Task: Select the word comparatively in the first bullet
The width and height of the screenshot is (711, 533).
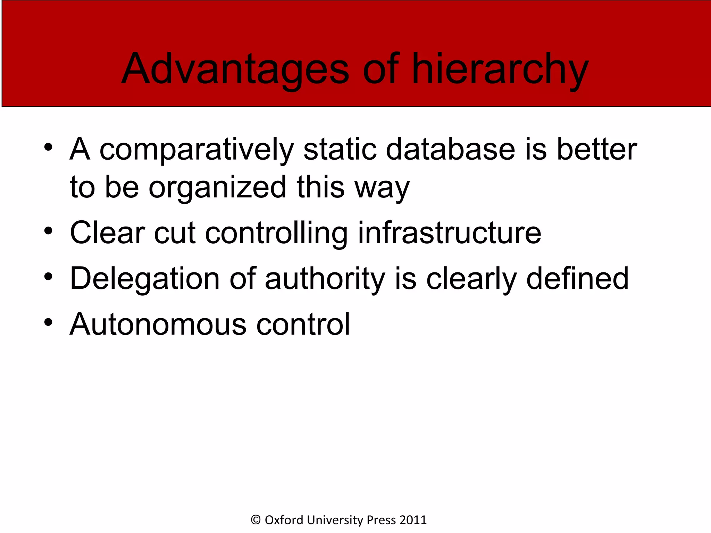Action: click(196, 150)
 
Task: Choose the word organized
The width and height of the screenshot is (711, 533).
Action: click(218, 188)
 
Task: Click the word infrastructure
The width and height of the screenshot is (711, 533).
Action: click(449, 233)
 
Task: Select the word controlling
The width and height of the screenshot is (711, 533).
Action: click(276, 234)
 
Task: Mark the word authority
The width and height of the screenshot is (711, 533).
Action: click(325, 279)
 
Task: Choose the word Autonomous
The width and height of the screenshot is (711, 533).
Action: click(158, 324)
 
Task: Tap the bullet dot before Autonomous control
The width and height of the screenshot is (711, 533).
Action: click(48, 322)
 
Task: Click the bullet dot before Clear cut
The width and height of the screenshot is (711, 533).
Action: click(48, 231)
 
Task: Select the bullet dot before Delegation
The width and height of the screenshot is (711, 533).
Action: click(48, 277)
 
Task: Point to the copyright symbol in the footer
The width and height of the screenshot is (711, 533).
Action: click(256, 520)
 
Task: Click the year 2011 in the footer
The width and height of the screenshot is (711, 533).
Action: click(413, 520)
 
